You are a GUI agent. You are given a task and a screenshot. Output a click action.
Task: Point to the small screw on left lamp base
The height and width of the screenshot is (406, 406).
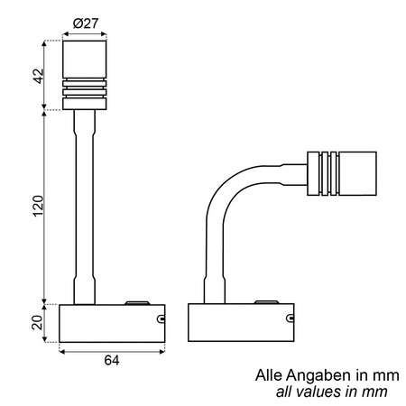click(160, 318)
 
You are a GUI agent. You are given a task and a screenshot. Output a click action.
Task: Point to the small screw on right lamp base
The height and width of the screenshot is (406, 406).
click(290, 318)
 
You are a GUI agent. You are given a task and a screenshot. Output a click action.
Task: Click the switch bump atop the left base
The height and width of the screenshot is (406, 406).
click(138, 303)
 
